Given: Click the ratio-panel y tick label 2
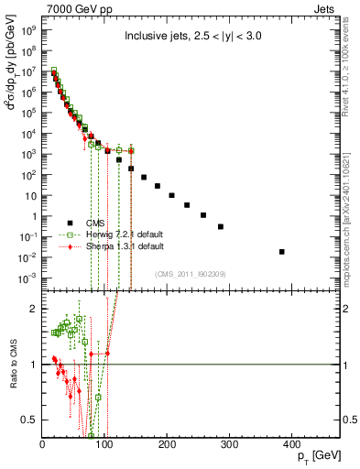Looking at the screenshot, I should coord(33,309).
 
